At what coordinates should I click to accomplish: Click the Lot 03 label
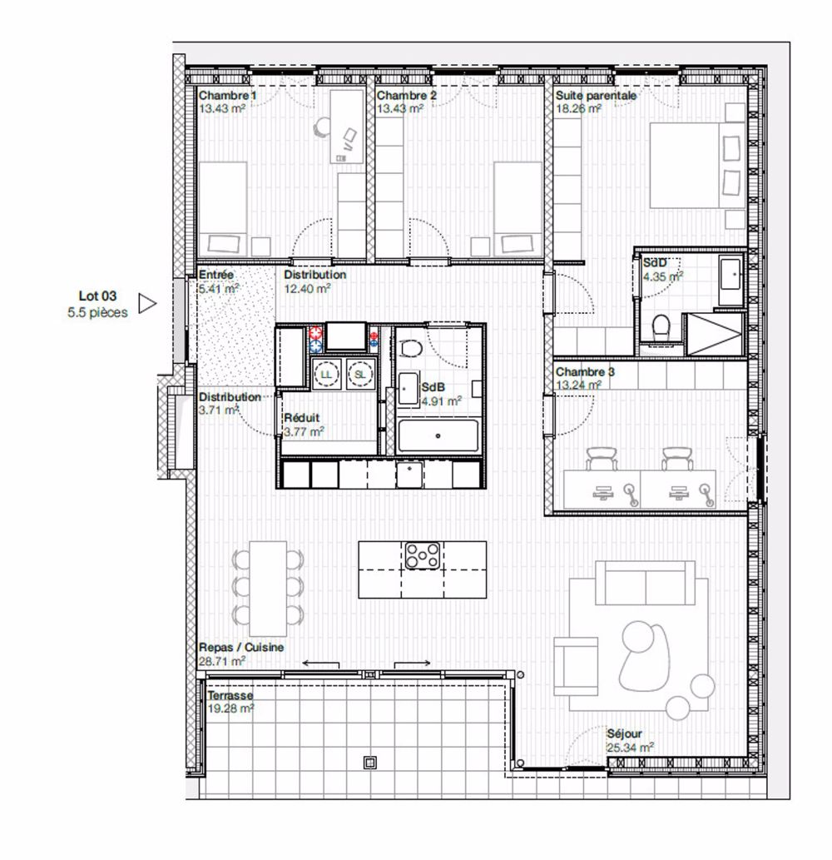pos(97,296)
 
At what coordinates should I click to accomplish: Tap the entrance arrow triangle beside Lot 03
pos(146,304)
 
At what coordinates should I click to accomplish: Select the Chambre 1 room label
pos(227,96)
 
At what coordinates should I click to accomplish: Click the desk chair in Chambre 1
pos(323,127)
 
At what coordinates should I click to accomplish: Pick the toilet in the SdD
pos(662,328)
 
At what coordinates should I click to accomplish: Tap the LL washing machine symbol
pos(324,374)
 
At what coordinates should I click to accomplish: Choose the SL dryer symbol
pos(360,374)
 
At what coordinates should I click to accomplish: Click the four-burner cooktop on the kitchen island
pos(422,555)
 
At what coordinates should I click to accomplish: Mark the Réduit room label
pos(300,419)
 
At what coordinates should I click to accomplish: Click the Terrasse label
pos(230,696)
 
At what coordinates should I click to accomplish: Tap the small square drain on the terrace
pos(369,761)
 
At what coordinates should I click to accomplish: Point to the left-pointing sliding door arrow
pos(320,663)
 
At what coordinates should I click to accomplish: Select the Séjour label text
pos(624,735)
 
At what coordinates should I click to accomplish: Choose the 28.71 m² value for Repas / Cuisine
pos(221,661)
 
